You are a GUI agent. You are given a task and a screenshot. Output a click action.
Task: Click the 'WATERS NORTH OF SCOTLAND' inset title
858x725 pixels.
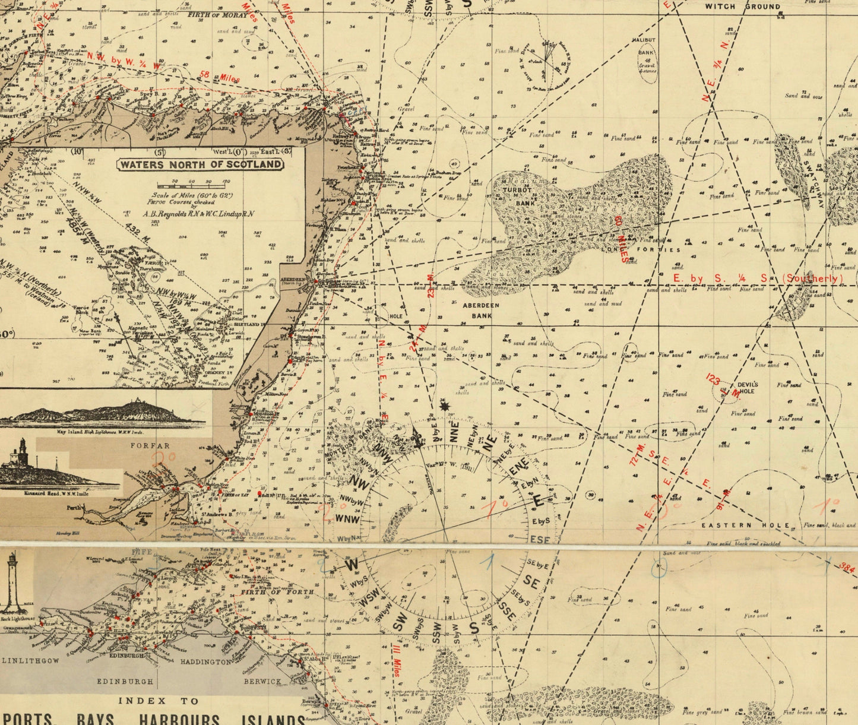201,164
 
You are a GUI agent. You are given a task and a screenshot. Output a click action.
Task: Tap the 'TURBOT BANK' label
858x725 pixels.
514,197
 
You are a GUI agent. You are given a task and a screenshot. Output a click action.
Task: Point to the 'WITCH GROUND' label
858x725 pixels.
742,7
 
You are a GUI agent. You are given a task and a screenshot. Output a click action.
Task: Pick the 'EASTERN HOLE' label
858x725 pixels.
746,525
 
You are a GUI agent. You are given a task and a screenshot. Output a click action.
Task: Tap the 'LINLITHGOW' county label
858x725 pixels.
33,660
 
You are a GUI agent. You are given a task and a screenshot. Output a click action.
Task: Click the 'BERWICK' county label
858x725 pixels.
262,682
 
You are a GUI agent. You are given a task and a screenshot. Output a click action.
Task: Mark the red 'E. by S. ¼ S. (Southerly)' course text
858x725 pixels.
757,278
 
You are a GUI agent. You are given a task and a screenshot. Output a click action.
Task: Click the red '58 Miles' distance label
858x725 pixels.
213,75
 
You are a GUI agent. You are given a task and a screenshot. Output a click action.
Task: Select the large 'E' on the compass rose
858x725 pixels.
538,502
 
